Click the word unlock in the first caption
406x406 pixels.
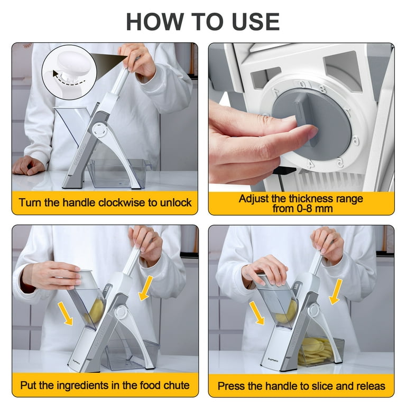176,202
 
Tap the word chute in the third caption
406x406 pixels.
177,385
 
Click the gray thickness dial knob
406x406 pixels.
311,124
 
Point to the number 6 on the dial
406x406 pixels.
356,141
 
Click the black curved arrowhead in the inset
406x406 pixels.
56,73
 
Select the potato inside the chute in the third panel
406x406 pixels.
96,311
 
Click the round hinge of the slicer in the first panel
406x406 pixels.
99,130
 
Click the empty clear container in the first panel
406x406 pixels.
118,173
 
